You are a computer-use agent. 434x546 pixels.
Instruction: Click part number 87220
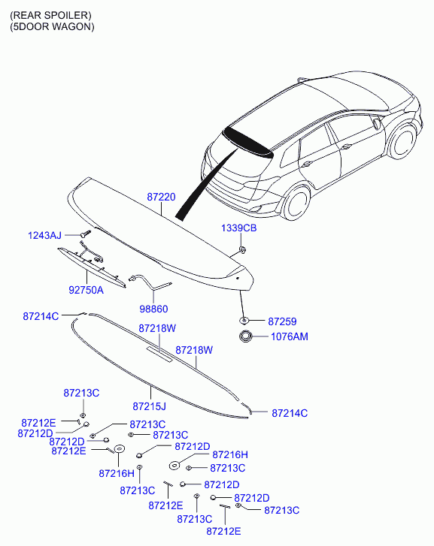(x=161, y=197)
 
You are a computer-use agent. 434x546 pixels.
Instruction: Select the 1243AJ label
(x=45, y=236)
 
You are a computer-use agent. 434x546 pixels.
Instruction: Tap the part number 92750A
(x=86, y=289)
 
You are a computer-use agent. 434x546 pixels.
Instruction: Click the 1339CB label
(x=238, y=228)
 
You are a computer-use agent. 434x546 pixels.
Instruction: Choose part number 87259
(x=283, y=320)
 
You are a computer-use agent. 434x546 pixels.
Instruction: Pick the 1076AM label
(x=289, y=337)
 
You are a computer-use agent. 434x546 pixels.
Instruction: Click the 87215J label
(x=149, y=406)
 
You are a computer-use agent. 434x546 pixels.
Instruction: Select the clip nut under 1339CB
(x=241, y=248)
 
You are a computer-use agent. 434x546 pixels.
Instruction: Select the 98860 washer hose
(x=150, y=282)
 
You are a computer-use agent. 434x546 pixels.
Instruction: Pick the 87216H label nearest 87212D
(x=230, y=454)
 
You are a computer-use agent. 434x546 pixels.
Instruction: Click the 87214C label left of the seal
(x=41, y=317)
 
